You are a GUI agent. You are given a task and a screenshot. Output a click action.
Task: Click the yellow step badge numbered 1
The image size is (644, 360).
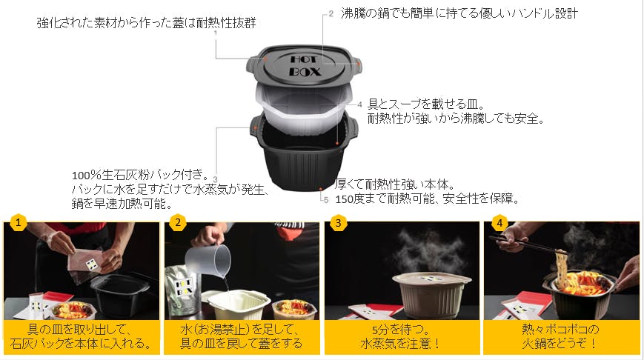[x=18, y=223]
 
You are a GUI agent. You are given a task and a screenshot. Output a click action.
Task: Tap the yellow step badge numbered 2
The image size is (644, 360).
[x=178, y=223]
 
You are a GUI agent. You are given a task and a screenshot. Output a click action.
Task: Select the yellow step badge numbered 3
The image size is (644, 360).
[x=339, y=223]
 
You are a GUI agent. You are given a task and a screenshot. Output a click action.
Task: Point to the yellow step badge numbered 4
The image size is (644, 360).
[x=499, y=223]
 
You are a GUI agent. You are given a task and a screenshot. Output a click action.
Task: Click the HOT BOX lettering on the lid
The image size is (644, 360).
[x=305, y=66]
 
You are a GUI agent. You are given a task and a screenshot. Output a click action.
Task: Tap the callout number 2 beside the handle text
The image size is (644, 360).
[x=331, y=14]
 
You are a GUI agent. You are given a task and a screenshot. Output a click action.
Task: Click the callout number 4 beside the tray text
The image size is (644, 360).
[x=359, y=104]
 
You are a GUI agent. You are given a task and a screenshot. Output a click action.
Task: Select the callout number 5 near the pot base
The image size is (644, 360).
[x=326, y=200]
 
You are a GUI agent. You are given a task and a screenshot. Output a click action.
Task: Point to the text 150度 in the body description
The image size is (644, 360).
[x=349, y=199]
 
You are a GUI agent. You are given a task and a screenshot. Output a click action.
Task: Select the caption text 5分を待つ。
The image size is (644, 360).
[x=400, y=330]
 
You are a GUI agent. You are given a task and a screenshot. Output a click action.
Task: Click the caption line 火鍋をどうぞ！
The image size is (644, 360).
[x=560, y=343]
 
